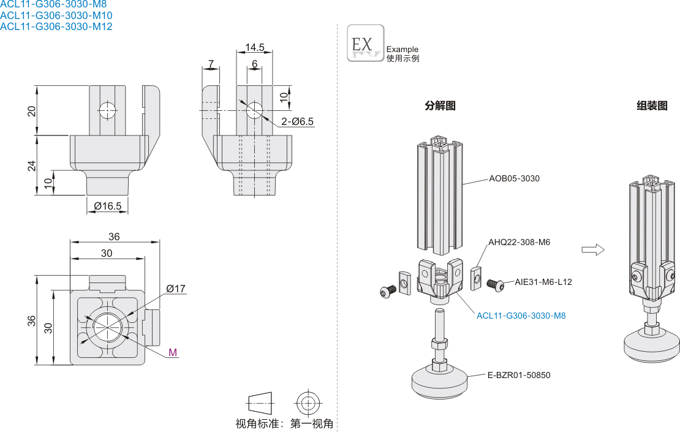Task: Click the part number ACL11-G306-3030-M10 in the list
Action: click(x=56, y=15)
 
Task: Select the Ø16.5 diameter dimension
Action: click(x=108, y=207)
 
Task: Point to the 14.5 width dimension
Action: click(x=255, y=47)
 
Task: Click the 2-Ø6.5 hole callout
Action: click(x=298, y=121)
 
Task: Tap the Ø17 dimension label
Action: click(x=176, y=289)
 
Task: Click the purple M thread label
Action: click(x=173, y=352)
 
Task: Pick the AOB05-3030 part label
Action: click(x=514, y=178)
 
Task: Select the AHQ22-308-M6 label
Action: click(x=519, y=242)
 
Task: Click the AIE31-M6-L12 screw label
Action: click(x=543, y=282)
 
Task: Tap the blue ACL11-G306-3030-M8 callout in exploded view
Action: click(x=521, y=316)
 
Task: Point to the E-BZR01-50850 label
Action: click(x=519, y=374)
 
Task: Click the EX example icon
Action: click(x=366, y=43)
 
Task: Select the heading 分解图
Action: click(x=440, y=105)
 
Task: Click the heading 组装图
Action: click(x=652, y=105)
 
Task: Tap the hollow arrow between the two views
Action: click(x=592, y=249)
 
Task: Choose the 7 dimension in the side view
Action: click(x=211, y=64)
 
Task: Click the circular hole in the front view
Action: click(x=108, y=111)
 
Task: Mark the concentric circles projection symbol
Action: click(x=308, y=403)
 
